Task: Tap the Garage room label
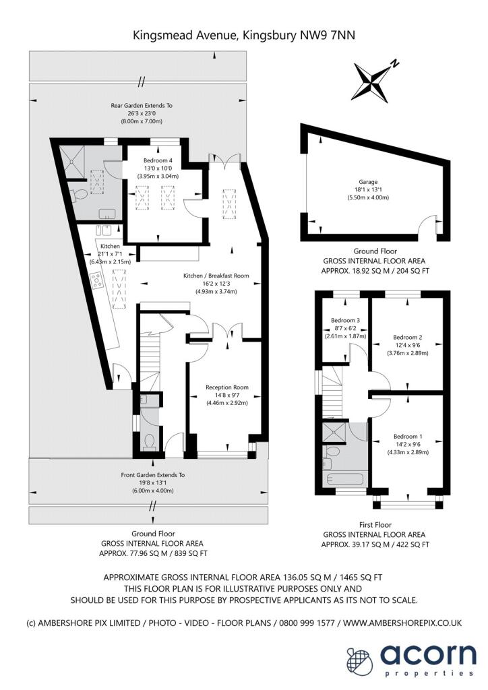368,181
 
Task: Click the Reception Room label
227,387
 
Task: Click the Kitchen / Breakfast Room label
217,276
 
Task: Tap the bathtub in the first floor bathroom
344,480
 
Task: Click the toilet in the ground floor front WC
150,442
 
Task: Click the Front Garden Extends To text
152,475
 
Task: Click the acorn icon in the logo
359,658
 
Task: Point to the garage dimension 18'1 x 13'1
368,190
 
